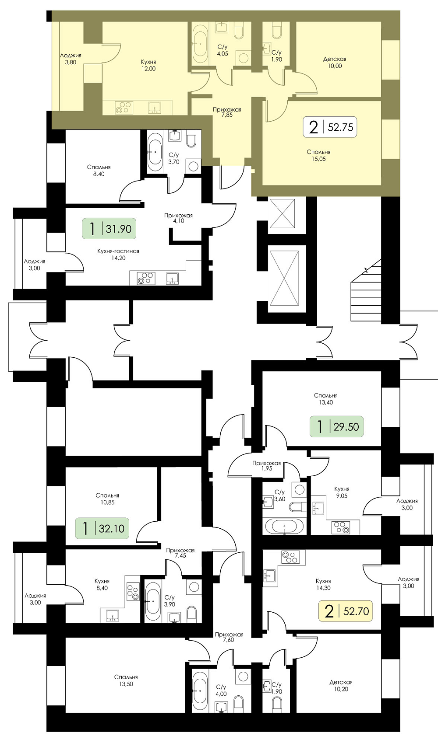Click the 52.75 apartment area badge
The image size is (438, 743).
[x=330, y=127]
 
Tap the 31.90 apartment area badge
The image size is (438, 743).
[x=109, y=229]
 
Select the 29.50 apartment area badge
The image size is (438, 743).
[x=337, y=426]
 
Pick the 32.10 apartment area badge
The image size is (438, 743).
[x=102, y=528]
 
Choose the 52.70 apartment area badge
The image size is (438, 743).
[x=346, y=610]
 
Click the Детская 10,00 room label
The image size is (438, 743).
[x=335, y=63]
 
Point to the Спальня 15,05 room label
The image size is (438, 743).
[x=318, y=155]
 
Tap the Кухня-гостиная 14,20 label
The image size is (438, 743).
[x=118, y=255]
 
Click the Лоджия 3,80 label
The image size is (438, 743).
[x=71, y=59]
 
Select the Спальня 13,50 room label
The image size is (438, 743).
[x=126, y=680]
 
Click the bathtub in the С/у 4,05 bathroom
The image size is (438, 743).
[x=200, y=44]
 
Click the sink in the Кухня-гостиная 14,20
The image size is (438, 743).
[x=172, y=279]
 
